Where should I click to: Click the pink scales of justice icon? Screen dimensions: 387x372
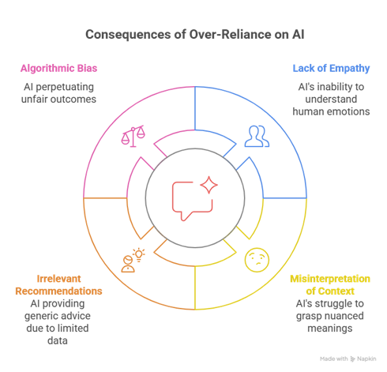coord(133,136)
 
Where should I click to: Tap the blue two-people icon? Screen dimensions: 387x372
coord(257,136)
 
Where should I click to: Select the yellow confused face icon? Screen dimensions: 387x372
coord(257,260)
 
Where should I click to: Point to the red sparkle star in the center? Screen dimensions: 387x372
coord(209,185)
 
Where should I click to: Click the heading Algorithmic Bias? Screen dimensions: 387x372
coord(59,68)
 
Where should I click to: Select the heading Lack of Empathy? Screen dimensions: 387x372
coord(331,68)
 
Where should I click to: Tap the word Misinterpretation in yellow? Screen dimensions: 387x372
coord(330,279)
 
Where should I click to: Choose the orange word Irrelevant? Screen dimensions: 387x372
coord(58,279)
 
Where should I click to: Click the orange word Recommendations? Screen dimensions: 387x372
coord(58,291)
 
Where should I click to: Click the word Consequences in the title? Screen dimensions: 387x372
coord(128,35)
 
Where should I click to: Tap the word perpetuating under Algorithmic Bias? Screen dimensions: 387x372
coord(65,87)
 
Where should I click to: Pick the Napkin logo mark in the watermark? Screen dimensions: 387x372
coord(353,359)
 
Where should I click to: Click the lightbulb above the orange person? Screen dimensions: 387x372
coord(139,255)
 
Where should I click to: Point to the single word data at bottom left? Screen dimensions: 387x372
coord(58,340)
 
